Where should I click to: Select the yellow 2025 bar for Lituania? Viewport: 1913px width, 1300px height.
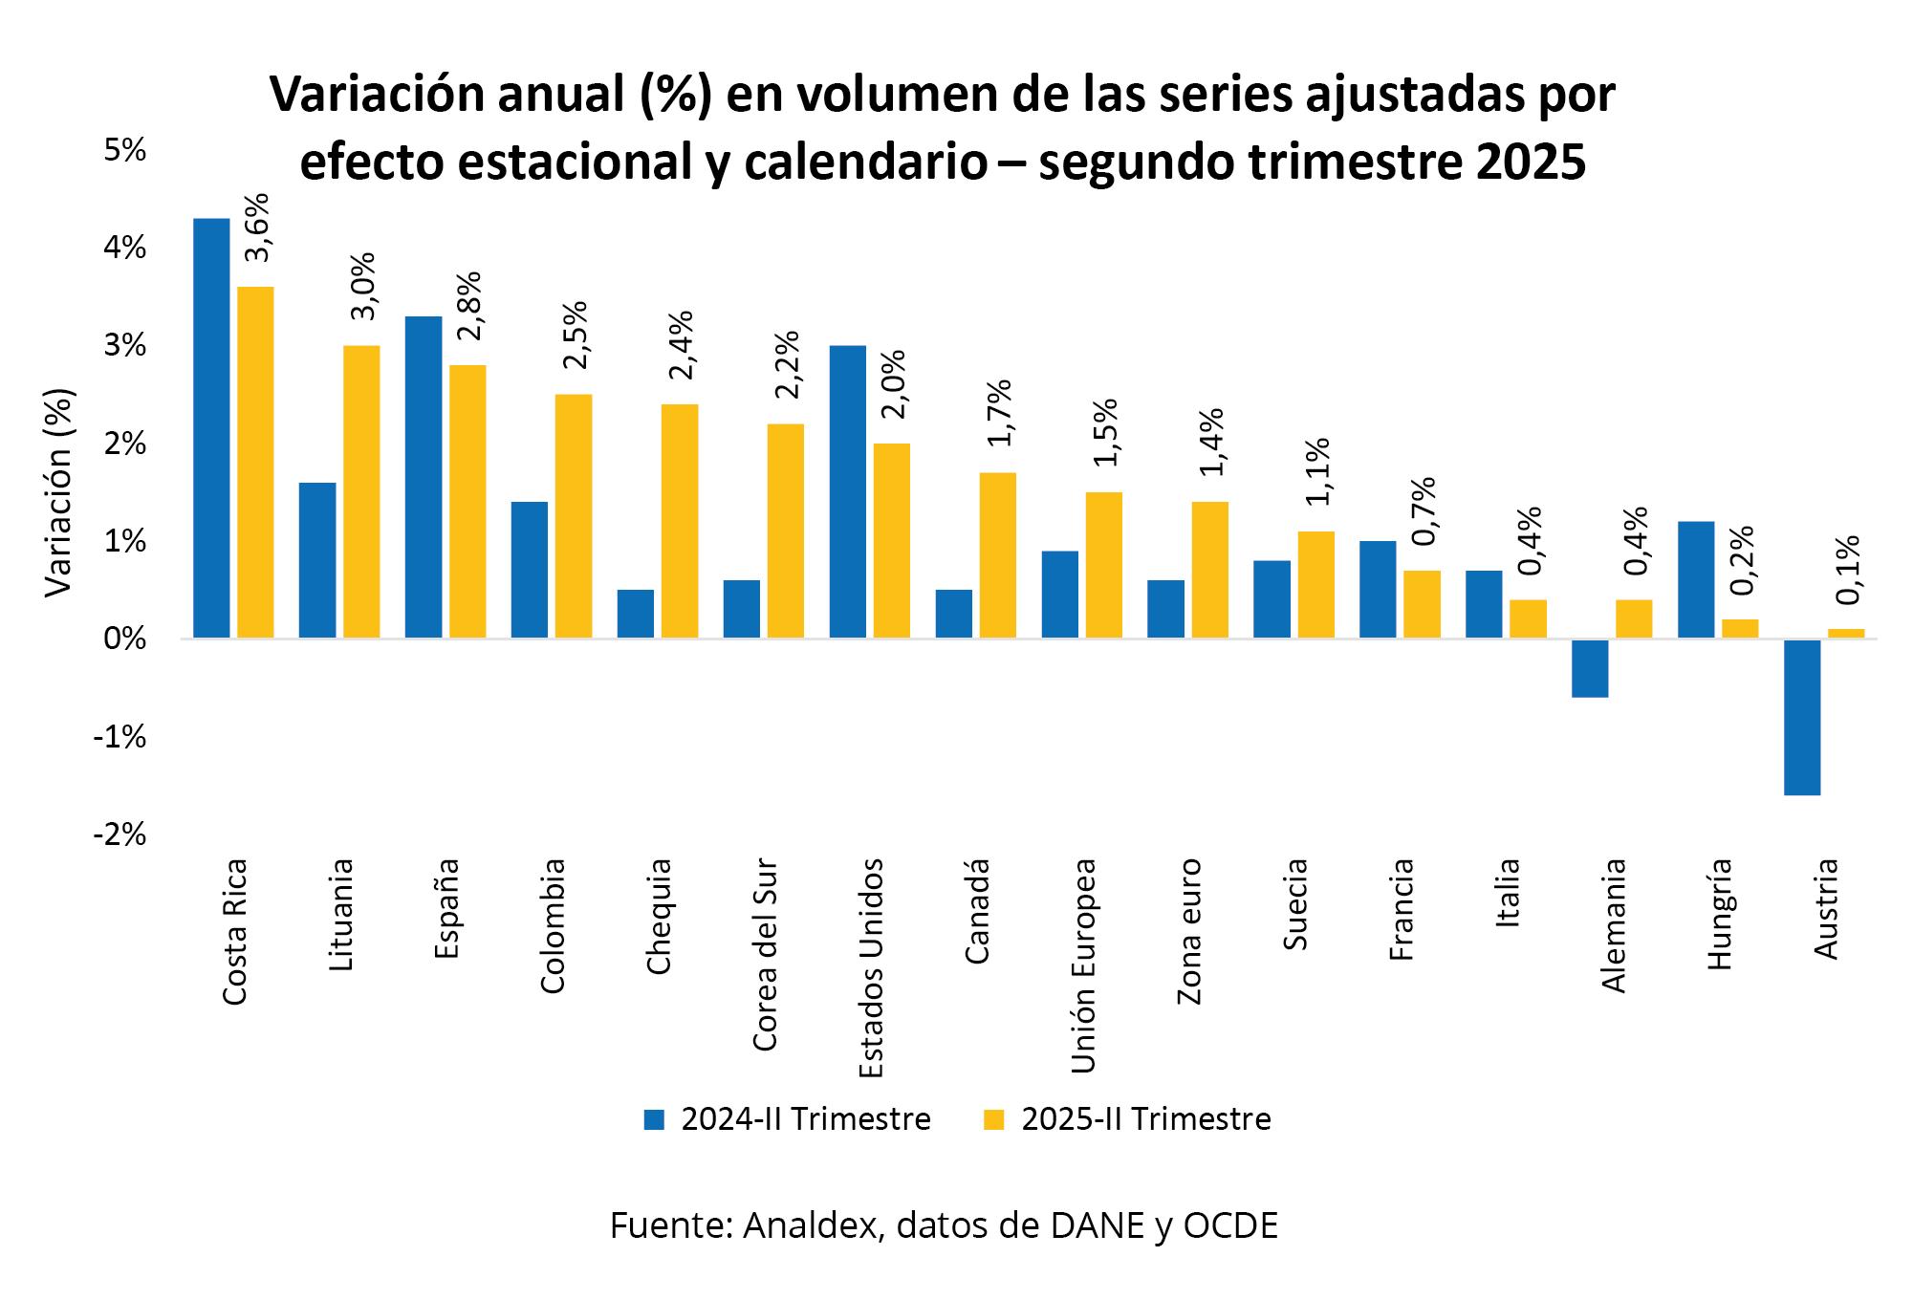pos(361,491)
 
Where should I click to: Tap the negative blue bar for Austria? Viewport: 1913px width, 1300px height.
pos(1802,717)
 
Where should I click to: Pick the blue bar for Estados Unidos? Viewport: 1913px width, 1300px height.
pos(848,491)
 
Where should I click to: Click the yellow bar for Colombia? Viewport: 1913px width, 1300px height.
pos(574,516)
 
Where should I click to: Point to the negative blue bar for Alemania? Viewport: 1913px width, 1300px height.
pos(1590,668)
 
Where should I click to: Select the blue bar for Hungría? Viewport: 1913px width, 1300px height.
pos(1696,579)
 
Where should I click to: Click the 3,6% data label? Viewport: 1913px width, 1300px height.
pos(257,227)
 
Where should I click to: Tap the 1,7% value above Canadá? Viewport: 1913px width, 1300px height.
pos(999,413)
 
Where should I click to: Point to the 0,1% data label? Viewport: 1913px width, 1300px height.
pos(1848,570)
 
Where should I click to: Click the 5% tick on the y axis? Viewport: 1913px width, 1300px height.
pos(124,150)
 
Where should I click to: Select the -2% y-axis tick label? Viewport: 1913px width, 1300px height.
pos(120,834)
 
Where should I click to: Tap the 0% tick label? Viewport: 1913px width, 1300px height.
pos(124,639)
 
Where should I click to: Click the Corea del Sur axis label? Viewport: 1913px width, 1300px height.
pos(765,955)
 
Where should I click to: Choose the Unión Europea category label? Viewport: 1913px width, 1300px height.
pos(1082,965)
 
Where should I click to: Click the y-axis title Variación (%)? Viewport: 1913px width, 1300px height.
pos(59,492)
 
